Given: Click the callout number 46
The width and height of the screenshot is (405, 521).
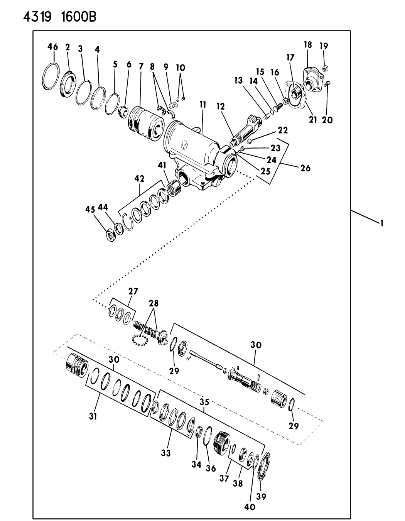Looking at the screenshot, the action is point(52,46).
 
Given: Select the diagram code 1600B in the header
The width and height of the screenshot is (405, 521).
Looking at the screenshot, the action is point(79,17).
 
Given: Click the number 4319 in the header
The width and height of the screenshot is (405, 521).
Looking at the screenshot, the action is point(37,17).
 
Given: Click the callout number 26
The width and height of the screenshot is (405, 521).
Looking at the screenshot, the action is point(305,168).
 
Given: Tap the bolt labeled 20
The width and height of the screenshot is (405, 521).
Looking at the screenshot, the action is point(327,83).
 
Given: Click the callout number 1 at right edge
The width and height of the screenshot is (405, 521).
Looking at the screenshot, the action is point(381,223).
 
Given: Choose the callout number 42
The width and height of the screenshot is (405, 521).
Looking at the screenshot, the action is point(140,179).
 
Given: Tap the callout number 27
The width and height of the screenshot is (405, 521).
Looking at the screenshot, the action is point(133,291).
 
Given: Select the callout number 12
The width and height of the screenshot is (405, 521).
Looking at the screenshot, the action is point(221,107).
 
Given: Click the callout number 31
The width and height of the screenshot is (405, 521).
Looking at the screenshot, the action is point(93,416).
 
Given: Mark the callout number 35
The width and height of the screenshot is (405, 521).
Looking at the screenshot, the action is point(204,402).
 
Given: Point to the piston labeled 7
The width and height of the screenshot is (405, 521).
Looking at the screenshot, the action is point(145,125).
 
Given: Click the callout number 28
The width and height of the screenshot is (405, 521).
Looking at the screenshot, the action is point(154,303).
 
